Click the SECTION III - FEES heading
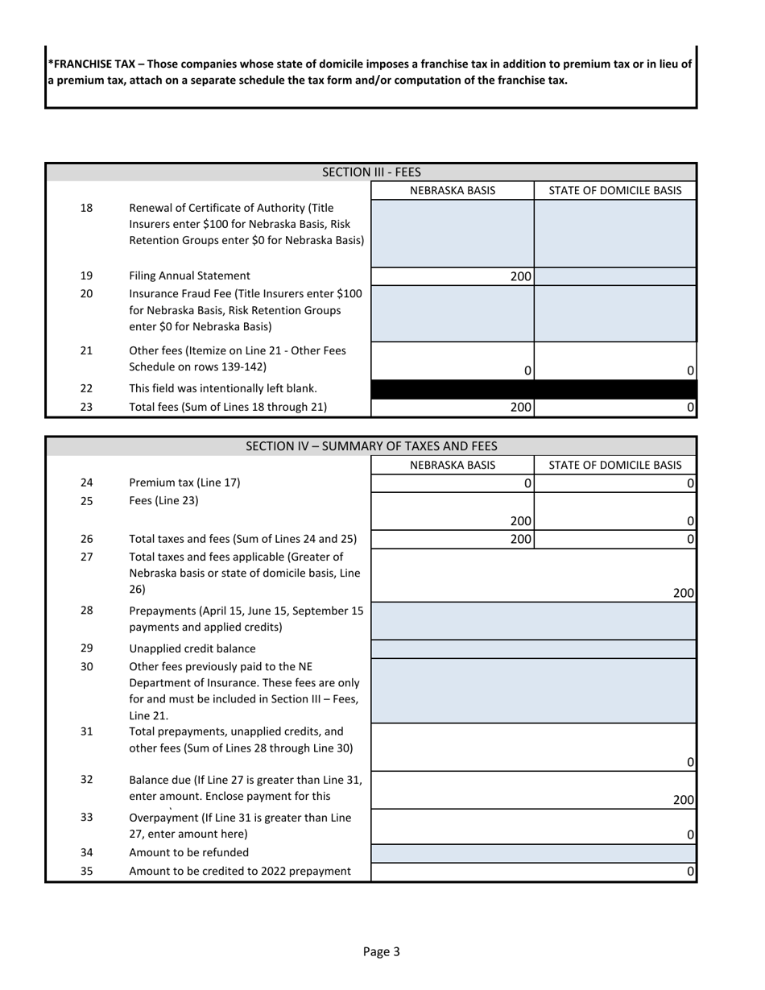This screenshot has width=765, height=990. (x=371, y=172)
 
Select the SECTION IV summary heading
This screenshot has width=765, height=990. (x=371, y=446)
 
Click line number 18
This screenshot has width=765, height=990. (x=87, y=209)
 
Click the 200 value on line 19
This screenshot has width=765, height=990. (x=520, y=276)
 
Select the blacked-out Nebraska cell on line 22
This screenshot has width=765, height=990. (x=453, y=388)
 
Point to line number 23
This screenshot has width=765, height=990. (x=87, y=407)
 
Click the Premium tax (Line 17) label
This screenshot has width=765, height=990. (x=184, y=483)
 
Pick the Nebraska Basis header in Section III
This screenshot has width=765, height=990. (x=453, y=191)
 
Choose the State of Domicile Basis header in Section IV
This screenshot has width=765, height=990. (x=615, y=465)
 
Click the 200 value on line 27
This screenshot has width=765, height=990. (x=683, y=593)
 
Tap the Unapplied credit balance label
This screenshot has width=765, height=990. (x=192, y=648)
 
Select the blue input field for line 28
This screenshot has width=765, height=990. (x=533, y=620)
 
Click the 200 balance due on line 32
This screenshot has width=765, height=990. (x=683, y=800)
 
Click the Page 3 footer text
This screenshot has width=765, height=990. (x=381, y=951)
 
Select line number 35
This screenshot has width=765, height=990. (x=87, y=871)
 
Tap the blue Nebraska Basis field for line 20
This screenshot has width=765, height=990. (x=453, y=313)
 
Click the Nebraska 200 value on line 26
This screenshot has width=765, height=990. (x=520, y=539)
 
